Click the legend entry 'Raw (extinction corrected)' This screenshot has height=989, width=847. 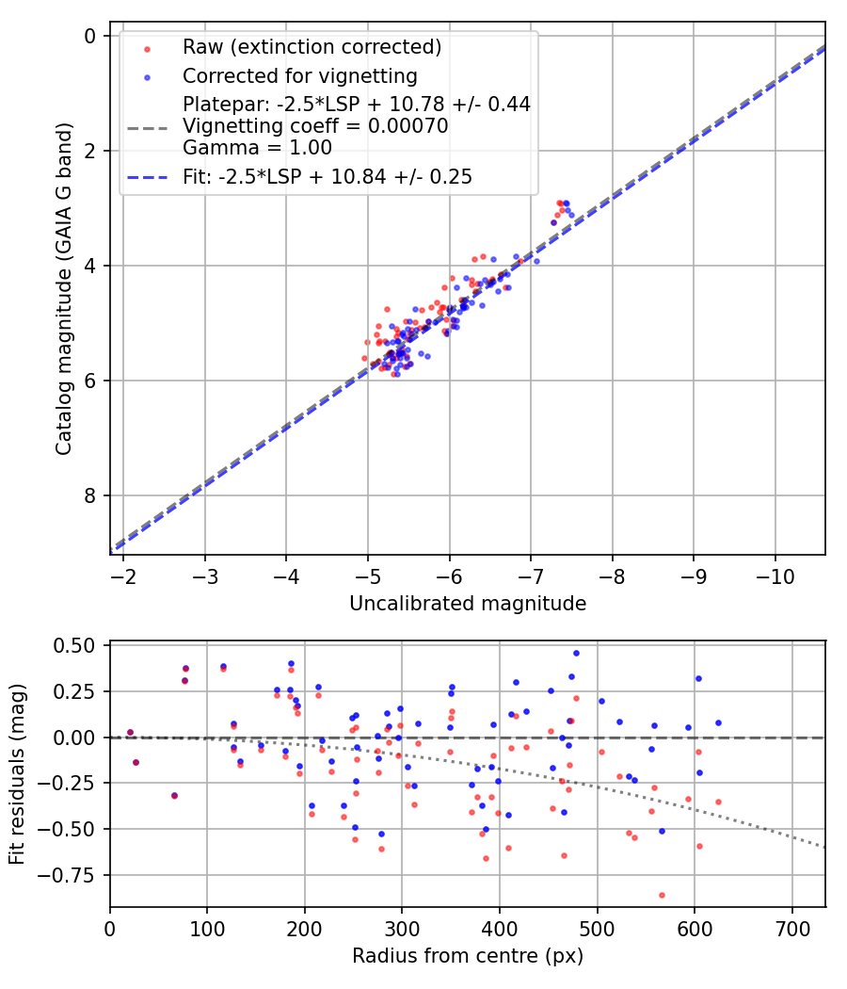pos(312,47)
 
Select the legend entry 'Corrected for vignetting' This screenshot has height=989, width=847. pos(299,75)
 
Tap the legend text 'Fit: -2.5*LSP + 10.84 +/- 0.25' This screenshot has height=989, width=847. pos(328,176)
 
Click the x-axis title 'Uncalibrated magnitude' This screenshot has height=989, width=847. pos(468,604)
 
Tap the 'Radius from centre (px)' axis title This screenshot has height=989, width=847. pos(468,956)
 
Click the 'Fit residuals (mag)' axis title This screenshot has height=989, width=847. pos(17,775)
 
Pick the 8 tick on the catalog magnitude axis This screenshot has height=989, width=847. pos(90,495)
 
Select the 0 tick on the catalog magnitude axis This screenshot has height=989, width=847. pos(90,36)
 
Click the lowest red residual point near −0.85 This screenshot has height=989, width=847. pos(662,895)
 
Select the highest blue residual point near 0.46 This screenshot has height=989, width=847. pos(576,653)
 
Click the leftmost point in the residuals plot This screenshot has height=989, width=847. pos(130,732)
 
